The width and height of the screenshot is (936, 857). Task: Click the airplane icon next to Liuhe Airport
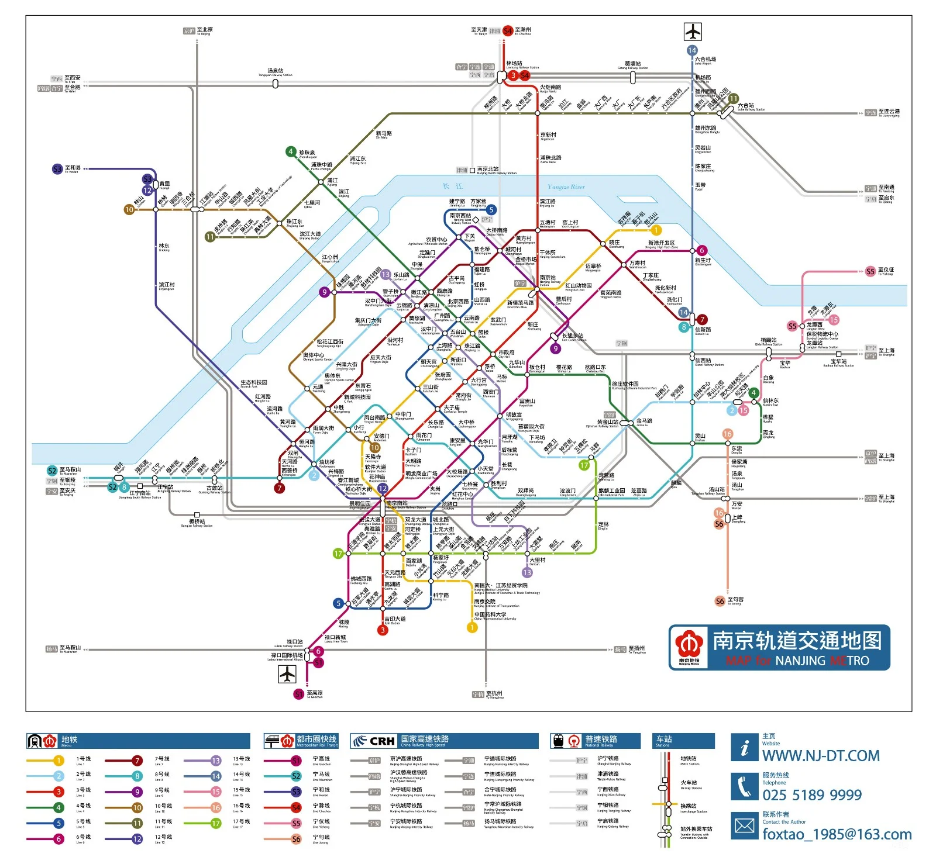[693, 31]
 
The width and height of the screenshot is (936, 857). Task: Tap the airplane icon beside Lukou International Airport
[287, 674]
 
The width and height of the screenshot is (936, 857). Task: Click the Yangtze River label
[566, 187]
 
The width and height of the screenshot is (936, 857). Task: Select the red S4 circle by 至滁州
[508, 30]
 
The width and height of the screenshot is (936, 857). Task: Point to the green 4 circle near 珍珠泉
[291, 152]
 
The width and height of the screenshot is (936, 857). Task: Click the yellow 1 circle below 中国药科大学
[472, 627]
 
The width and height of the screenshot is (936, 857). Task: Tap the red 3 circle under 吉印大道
[383, 630]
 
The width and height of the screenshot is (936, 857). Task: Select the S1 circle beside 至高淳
[299, 694]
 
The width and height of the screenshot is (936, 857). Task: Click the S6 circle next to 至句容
[720, 601]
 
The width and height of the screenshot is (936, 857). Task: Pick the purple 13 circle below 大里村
[527, 573]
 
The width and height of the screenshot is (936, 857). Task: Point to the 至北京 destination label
[205, 30]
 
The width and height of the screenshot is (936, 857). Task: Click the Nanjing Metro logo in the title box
[689, 648]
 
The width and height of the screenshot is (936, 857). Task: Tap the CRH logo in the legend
[375, 741]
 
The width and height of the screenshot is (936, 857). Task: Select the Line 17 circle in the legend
[216, 823]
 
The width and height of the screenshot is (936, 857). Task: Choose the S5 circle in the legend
[296, 823]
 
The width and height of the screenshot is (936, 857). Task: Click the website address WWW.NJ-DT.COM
[821, 756]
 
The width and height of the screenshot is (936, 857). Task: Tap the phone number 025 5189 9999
[812, 795]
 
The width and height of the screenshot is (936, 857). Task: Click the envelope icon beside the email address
[745, 826]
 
